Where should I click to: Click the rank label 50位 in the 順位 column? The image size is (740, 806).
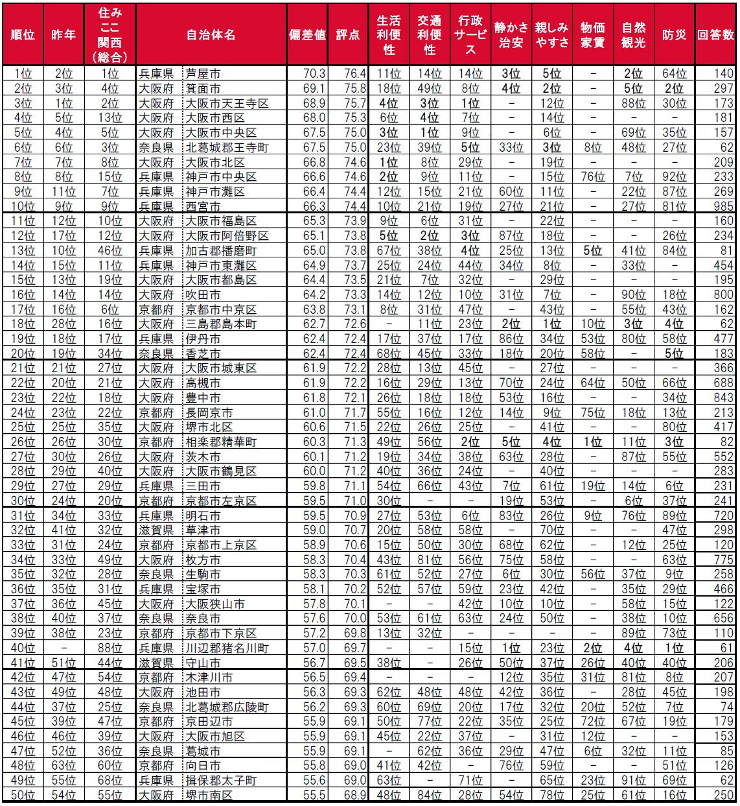click(23, 795)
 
